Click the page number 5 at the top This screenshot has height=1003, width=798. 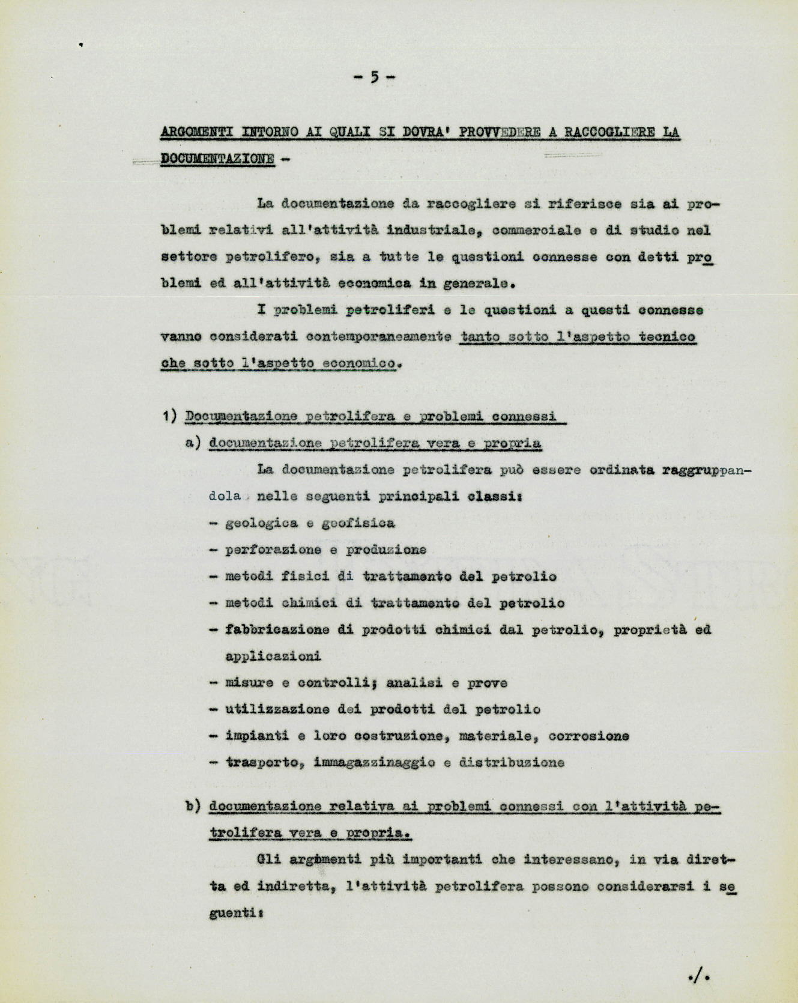(374, 77)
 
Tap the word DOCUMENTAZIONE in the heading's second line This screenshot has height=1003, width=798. (217, 159)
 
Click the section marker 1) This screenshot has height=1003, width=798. (169, 416)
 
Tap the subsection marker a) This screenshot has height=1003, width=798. (192, 443)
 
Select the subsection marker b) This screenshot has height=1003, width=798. (192, 806)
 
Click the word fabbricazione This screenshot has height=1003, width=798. (277, 630)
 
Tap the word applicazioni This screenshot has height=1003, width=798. (273, 656)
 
